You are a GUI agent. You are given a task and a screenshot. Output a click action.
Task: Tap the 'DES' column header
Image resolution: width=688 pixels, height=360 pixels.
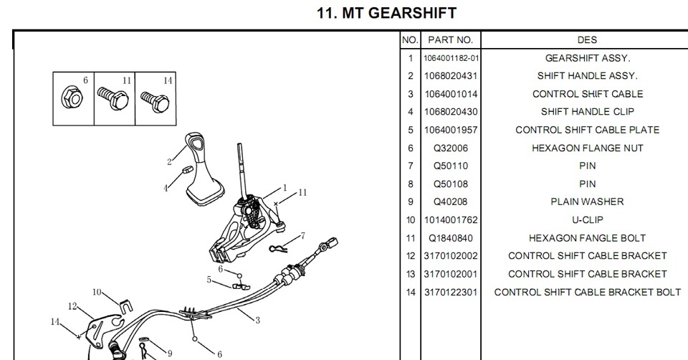coord(587,40)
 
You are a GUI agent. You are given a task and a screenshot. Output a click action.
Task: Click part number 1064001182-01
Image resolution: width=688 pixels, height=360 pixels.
coord(451,58)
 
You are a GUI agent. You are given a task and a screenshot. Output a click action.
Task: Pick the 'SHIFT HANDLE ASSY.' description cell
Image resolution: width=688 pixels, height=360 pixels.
coord(587,76)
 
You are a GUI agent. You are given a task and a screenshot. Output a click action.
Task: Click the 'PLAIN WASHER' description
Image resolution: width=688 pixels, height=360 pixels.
coord(587,202)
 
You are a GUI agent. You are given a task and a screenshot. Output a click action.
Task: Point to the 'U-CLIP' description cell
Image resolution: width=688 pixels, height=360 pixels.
coord(587,220)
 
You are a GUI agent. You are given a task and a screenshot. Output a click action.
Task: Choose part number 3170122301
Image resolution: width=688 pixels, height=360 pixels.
coord(451,293)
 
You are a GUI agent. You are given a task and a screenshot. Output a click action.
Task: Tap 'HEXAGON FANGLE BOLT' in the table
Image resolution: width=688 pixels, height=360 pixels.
coord(587,238)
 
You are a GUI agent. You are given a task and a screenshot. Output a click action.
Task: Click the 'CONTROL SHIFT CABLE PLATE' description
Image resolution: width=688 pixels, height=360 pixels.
coord(587,131)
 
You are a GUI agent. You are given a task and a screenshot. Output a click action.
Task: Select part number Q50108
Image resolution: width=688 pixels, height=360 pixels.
coord(451,184)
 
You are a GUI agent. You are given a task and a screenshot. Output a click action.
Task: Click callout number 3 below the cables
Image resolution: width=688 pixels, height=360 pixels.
coord(257,320)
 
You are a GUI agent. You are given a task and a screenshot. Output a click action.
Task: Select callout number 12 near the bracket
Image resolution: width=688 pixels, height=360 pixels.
coord(72,306)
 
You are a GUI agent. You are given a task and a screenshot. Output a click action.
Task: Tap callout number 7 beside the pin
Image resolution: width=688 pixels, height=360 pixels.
coord(303,235)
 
